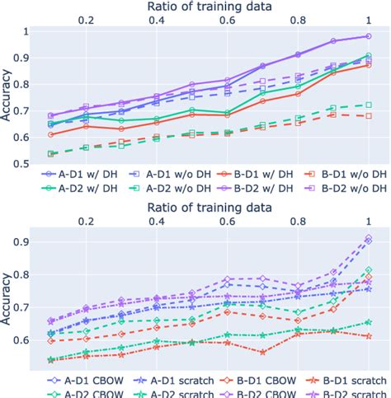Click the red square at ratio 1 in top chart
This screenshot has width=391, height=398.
[368, 116]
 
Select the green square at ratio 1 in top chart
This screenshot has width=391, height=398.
[368, 105]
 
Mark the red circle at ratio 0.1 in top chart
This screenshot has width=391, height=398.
[51, 134]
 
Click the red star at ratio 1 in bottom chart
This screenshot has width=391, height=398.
[368, 336]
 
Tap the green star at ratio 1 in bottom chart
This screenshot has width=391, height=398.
[368, 322]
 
